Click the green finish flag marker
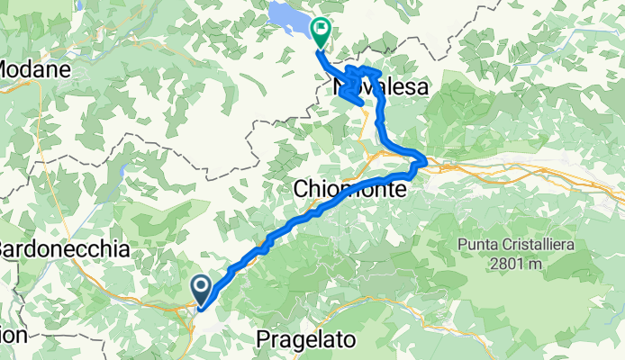[320, 33]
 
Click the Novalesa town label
[380, 87]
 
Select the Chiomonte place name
[352, 189]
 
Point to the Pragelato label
[306, 340]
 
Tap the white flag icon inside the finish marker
[320, 30]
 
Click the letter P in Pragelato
[262, 340]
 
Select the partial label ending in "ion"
[13, 334]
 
